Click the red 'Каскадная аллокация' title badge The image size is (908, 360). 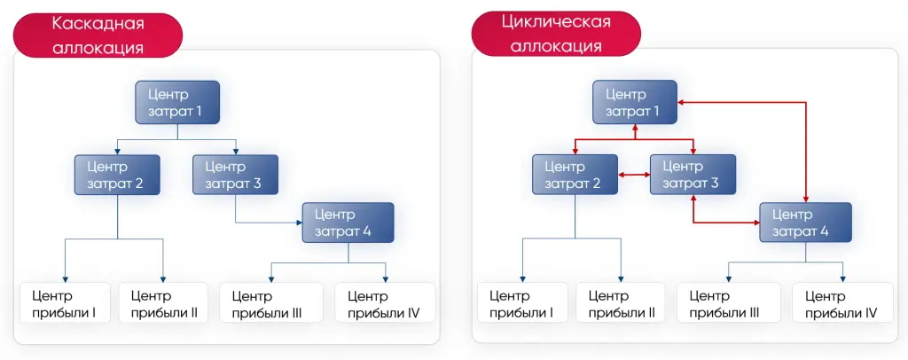point(98,35)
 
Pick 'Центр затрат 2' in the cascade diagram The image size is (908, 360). point(117,176)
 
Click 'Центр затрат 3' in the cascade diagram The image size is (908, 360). point(235,176)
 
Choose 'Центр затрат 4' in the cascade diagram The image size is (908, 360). point(348,223)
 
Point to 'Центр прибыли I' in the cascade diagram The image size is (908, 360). point(64,303)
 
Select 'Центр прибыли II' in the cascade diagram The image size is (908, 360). point(163,303)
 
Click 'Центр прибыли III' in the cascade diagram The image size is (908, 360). point(270,303)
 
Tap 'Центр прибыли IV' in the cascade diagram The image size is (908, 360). point(385,303)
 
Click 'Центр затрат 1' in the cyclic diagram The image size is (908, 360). point(635,102)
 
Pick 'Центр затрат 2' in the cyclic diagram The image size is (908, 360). point(575,176)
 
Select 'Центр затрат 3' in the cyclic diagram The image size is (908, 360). point(692,176)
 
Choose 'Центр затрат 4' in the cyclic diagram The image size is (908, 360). point(805,223)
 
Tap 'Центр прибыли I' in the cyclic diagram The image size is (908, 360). point(521,303)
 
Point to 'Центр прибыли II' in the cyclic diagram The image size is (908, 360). point(621,303)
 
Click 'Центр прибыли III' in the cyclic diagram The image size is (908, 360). point(728,303)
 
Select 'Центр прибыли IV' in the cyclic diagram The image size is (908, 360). point(842,303)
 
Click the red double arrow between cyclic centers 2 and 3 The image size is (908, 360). point(633,176)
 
